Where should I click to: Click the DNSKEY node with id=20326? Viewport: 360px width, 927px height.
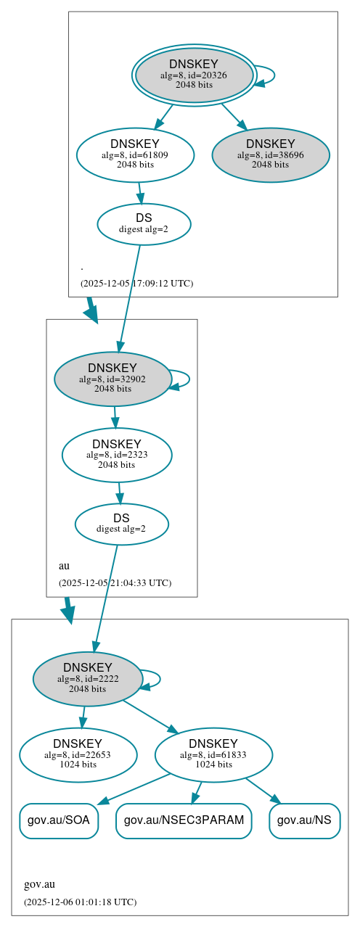(194, 75)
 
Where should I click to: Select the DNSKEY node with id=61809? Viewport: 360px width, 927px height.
(135, 154)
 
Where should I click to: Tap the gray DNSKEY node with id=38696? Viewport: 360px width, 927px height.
(271, 154)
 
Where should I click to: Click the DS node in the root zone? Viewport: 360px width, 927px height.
(144, 224)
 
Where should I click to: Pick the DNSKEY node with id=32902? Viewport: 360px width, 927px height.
(112, 379)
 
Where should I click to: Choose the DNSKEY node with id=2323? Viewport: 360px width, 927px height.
(117, 455)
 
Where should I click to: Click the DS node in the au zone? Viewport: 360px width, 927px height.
(121, 524)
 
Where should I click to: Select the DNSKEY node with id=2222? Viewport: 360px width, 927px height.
(88, 679)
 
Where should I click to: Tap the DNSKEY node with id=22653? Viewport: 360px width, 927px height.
(78, 755)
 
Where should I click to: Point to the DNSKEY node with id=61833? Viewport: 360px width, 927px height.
(213, 755)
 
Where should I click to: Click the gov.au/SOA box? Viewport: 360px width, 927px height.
(59, 821)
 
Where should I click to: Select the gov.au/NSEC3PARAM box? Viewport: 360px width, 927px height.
(184, 821)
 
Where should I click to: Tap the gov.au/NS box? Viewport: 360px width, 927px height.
(305, 821)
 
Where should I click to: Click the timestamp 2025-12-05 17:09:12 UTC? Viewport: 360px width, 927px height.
(136, 284)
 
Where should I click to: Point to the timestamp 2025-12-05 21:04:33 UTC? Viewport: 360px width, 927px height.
(115, 582)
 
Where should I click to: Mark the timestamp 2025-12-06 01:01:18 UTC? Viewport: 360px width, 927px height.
(80, 902)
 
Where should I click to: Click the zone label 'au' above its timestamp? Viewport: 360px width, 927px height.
(64, 566)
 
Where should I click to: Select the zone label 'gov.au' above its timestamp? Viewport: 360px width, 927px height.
(39, 885)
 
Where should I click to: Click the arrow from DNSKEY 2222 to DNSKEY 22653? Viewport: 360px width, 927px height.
(83, 717)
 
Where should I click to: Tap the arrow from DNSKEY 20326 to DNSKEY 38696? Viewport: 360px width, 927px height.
(234, 116)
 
